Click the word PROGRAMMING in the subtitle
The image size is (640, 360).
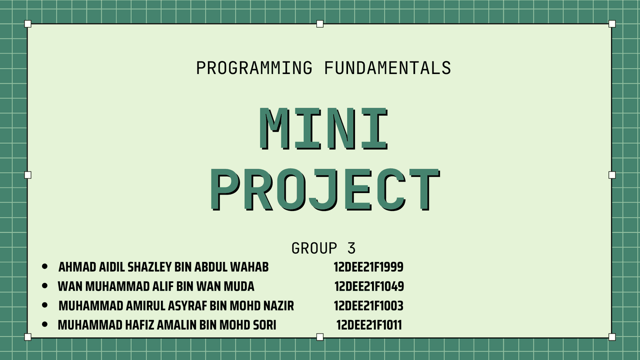pyautogui.click(x=254, y=68)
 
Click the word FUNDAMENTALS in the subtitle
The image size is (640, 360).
pyautogui.click(x=387, y=68)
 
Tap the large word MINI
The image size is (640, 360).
pyautogui.click(x=323, y=129)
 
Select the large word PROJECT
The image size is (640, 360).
pyautogui.click(x=325, y=189)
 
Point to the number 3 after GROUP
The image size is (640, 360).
pyautogui.click(x=351, y=248)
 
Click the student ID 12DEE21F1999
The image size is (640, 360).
pyautogui.click(x=368, y=267)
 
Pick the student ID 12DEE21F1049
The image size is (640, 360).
pyautogui.click(x=369, y=286)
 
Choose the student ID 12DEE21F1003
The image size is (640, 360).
pyautogui.click(x=368, y=305)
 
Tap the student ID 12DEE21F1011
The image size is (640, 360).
pyautogui.click(x=369, y=325)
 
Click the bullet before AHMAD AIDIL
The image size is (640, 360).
pyautogui.click(x=44, y=266)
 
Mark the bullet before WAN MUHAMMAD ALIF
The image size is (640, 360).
pyautogui.click(x=44, y=285)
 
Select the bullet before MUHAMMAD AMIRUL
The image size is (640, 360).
pyautogui.click(x=44, y=305)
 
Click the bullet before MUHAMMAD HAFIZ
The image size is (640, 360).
pyautogui.click(x=44, y=324)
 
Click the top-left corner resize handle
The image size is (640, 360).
pyautogui.click(x=27, y=23)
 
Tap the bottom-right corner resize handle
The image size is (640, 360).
pyautogui.click(x=612, y=337)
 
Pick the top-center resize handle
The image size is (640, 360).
pyautogui.click(x=320, y=23)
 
